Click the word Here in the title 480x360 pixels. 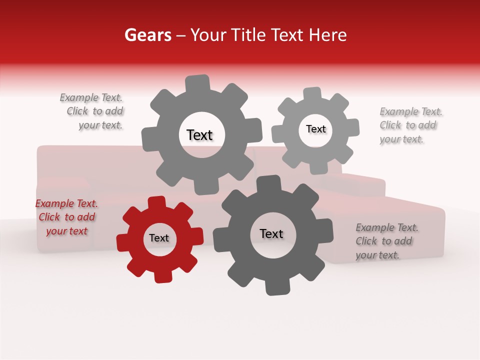pos(328,35)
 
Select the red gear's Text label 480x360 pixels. pos(159,238)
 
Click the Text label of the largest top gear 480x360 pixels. pos(199,135)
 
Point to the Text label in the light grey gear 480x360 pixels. pos(315,129)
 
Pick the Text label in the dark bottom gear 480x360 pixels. pos(271,233)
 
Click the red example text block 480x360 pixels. pos(66,217)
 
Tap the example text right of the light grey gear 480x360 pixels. pos(410,125)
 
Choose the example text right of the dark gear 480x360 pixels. pos(386,241)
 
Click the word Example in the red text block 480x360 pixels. pos(53,203)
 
